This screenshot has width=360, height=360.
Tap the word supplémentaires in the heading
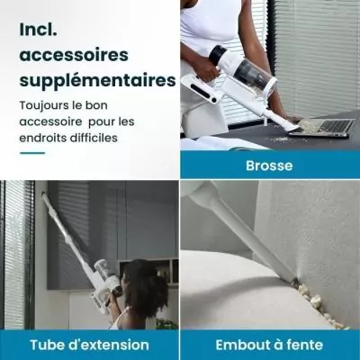click(x=97, y=81)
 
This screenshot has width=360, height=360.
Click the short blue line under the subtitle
click(x=31, y=153)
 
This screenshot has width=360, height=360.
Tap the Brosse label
click(x=268, y=166)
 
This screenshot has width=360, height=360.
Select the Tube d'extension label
click(x=88, y=346)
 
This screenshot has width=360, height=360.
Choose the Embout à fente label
click(x=270, y=346)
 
